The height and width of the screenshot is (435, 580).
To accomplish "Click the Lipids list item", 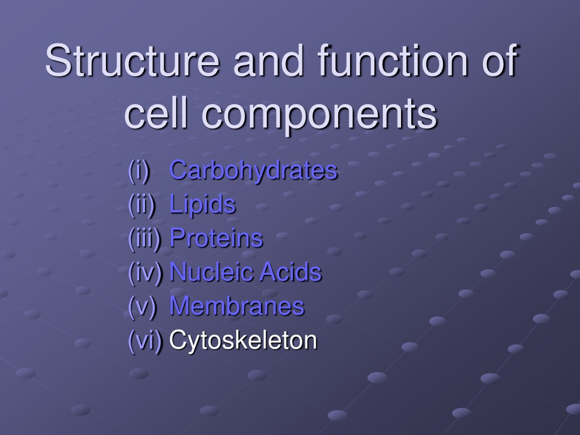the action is (x=202, y=204).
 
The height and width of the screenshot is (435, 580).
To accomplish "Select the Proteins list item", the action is (x=216, y=237).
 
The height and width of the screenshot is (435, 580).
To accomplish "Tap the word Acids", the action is (x=291, y=271).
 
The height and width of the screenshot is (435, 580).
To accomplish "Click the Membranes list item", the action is (x=237, y=306).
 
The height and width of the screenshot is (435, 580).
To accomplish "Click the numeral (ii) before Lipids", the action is (x=141, y=204).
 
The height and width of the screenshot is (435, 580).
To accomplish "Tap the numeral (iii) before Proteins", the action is (x=144, y=238).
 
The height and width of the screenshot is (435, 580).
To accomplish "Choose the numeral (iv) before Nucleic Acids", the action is (x=146, y=272).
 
